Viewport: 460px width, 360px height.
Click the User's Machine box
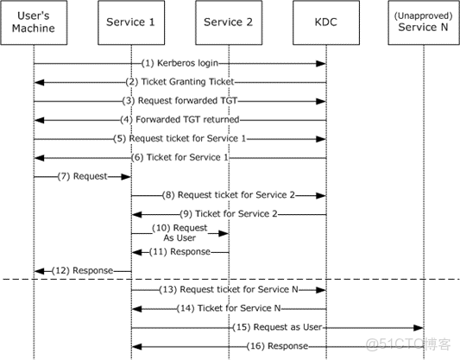point(34,22)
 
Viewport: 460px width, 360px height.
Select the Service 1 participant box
point(130,22)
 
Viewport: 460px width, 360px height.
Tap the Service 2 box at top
point(229,22)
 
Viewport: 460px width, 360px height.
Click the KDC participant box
point(326,22)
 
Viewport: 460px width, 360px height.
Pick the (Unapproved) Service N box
point(424,22)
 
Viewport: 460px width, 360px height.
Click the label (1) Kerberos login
point(180,64)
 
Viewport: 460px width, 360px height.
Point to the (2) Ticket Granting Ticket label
point(180,82)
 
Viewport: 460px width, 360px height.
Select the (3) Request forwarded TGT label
point(180,101)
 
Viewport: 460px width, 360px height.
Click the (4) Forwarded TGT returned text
point(180,120)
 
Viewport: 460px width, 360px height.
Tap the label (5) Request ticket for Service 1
point(180,139)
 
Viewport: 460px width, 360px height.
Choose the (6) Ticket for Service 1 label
point(180,157)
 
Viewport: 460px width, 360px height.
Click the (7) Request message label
point(83,176)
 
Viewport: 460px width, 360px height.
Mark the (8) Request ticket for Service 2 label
point(230,195)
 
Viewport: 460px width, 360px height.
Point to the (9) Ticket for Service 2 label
point(230,214)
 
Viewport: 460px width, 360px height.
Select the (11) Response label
point(180,251)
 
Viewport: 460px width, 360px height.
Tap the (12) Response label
point(83,270)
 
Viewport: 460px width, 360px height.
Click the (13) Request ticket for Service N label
point(230,289)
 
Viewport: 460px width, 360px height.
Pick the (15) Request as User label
point(278,327)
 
